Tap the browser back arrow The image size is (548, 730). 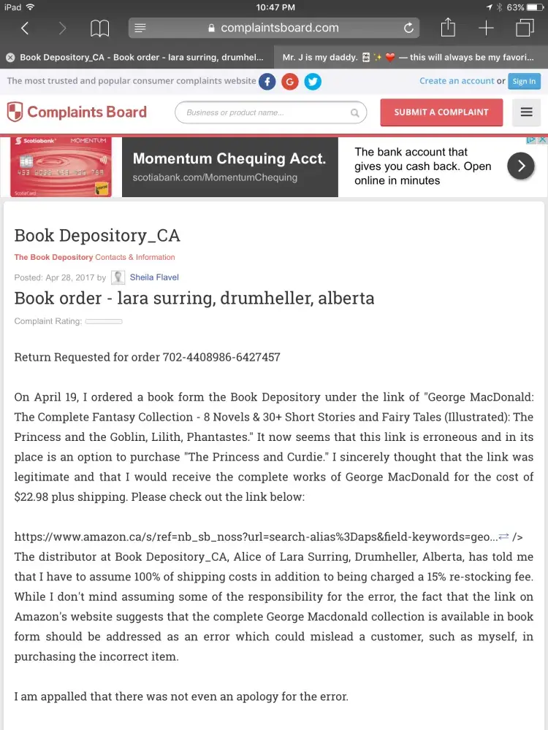click(x=25, y=28)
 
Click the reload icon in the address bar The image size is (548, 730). click(x=409, y=28)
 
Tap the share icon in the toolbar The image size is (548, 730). click(x=448, y=28)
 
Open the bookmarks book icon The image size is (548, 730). click(x=99, y=28)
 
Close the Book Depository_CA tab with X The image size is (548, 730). click(x=10, y=57)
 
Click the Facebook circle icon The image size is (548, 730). click(x=267, y=82)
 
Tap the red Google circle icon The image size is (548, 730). click(x=290, y=82)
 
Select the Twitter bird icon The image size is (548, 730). click(x=313, y=82)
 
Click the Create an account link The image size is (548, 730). click(x=457, y=81)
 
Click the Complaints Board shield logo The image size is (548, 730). click(x=15, y=112)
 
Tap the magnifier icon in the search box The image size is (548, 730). click(x=355, y=113)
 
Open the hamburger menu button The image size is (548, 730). click(x=526, y=112)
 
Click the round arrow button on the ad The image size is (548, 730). click(x=521, y=166)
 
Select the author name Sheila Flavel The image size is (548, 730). click(x=154, y=277)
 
